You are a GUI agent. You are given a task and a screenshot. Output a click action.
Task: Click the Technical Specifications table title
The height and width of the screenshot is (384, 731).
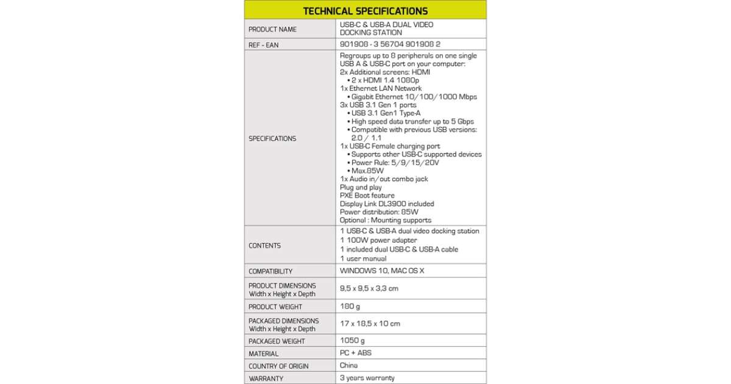point(365,10)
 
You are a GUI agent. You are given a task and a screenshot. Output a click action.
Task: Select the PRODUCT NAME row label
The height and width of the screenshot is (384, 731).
point(272,29)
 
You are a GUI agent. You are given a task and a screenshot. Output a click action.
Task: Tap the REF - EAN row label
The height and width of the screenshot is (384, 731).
point(263,45)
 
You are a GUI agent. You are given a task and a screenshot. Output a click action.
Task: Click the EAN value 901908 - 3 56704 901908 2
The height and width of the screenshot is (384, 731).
point(390,44)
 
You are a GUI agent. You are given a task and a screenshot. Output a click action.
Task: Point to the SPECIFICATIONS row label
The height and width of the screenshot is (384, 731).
point(272,138)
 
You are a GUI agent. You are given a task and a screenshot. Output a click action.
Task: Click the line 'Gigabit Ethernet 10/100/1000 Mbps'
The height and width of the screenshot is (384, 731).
point(414,97)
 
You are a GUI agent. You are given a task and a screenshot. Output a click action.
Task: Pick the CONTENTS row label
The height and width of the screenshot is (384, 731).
point(264,246)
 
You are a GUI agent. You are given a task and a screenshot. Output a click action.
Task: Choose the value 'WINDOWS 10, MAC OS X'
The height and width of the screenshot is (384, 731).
point(381,271)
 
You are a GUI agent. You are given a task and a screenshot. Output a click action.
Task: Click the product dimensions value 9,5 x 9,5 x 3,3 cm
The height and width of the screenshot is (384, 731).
point(369,288)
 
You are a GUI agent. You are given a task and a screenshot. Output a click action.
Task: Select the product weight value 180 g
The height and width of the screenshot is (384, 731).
point(350,306)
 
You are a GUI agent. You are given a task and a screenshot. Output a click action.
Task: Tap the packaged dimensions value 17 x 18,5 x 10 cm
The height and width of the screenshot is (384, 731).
point(370,324)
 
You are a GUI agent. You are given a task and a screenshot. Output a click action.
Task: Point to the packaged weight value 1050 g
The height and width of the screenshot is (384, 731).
point(352,340)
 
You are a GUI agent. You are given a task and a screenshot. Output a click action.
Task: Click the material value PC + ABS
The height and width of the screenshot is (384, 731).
point(355,353)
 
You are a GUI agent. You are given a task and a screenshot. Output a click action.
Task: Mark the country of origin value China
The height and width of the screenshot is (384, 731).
point(348,366)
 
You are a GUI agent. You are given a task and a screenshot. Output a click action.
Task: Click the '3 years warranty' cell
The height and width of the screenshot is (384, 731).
point(367,378)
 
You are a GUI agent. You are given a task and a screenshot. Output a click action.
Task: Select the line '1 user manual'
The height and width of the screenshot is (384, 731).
point(363,258)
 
